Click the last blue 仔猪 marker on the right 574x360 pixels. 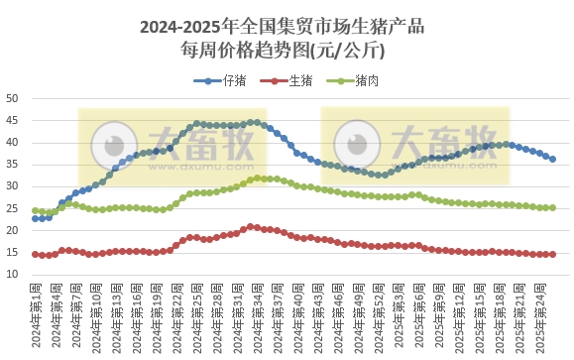point(552,159)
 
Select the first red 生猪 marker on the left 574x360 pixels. point(36,254)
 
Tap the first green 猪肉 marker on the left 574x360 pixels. point(36,210)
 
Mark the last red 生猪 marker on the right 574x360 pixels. point(552,254)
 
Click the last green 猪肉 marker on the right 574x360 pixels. point(552,207)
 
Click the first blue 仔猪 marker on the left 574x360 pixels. point(36,218)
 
